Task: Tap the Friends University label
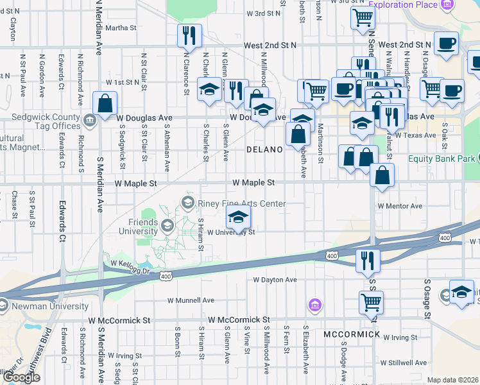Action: (138, 227)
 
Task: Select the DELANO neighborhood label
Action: (264, 150)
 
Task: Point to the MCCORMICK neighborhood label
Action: (352, 335)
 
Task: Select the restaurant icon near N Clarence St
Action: (189, 36)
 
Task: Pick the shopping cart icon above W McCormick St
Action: (371, 303)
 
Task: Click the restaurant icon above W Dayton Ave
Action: (368, 261)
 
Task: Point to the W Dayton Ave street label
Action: (275, 280)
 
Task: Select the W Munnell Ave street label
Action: (191, 300)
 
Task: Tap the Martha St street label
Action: (121, 28)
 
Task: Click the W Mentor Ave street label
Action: (400, 206)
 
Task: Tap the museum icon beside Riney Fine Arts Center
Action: (188, 203)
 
